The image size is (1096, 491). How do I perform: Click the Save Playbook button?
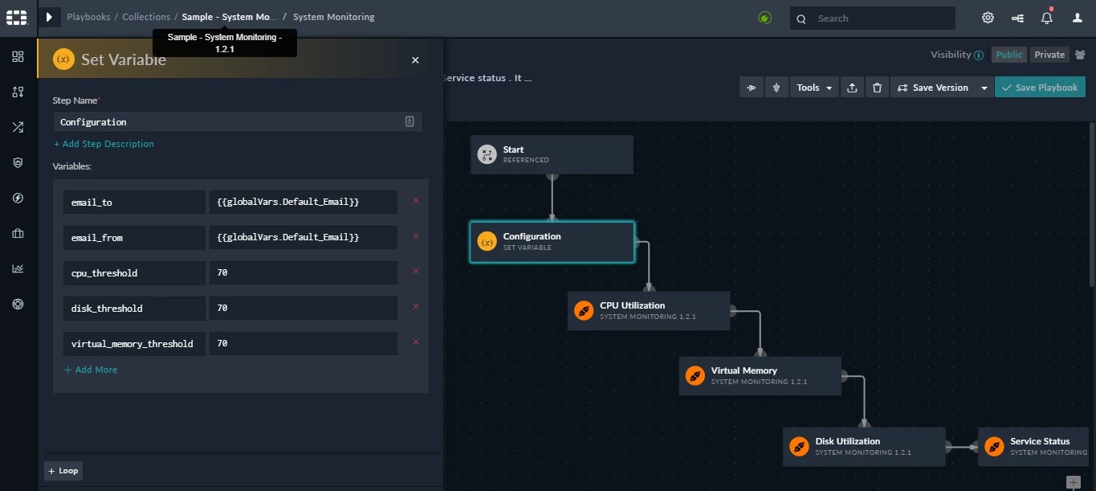[1040, 88]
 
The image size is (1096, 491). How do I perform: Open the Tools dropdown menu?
[813, 88]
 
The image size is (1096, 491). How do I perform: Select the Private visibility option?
[1049, 55]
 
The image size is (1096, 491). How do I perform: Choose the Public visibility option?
[1009, 55]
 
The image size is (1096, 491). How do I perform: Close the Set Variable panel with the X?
[415, 60]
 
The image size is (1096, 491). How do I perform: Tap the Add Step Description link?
[104, 144]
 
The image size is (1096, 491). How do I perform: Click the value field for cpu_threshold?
[304, 272]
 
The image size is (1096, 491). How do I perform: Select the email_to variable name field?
[134, 203]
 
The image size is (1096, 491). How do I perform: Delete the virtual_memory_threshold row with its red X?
[416, 342]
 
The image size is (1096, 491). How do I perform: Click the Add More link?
[91, 370]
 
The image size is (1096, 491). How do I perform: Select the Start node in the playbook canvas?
[552, 154]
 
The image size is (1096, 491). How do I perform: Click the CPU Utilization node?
[649, 311]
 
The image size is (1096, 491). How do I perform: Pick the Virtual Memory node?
[760, 376]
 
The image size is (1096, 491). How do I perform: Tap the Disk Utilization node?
[864, 447]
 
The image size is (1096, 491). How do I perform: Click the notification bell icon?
[1046, 18]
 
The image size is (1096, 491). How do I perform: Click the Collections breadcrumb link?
[146, 17]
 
